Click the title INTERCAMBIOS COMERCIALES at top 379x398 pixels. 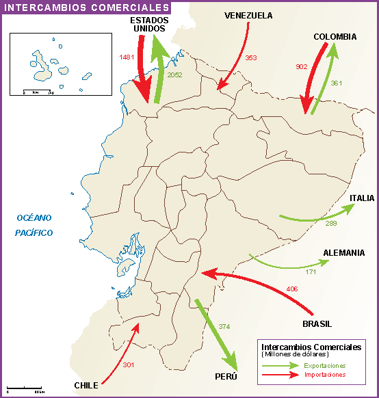[86, 8]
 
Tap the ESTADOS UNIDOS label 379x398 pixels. [149, 25]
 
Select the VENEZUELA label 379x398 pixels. [248, 16]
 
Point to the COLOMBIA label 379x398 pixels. [335, 36]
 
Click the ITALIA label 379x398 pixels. [362, 199]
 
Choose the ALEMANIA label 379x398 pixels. [344, 252]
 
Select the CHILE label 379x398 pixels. [87, 385]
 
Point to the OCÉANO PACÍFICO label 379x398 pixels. [35, 225]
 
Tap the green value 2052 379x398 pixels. [174, 75]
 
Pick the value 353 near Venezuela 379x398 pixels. [250, 58]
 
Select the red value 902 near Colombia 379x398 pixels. [302, 67]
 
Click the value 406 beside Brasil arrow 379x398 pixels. [293, 289]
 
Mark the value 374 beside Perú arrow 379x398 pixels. [224, 326]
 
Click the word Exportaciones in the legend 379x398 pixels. [326, 366]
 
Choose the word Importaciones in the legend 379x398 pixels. [326, 375]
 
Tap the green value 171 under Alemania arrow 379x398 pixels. [311, 272]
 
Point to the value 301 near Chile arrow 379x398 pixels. [129, 365]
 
